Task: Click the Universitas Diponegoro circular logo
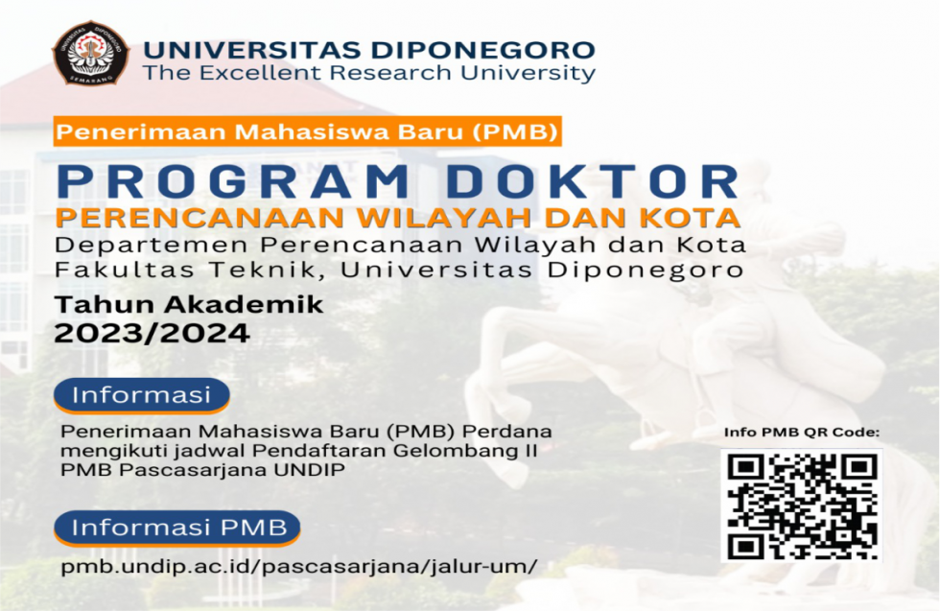point(90,55)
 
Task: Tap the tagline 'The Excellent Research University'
point(368,73)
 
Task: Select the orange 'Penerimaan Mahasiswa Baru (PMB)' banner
point(307,130)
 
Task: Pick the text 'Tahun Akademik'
point(189,306)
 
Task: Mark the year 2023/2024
point(153,333)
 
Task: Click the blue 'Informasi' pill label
point(142,394)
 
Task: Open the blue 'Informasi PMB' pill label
point(178,528)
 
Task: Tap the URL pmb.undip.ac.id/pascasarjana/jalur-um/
point(298,567)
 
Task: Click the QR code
point(801,505)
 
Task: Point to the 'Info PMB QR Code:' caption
point(801,433)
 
